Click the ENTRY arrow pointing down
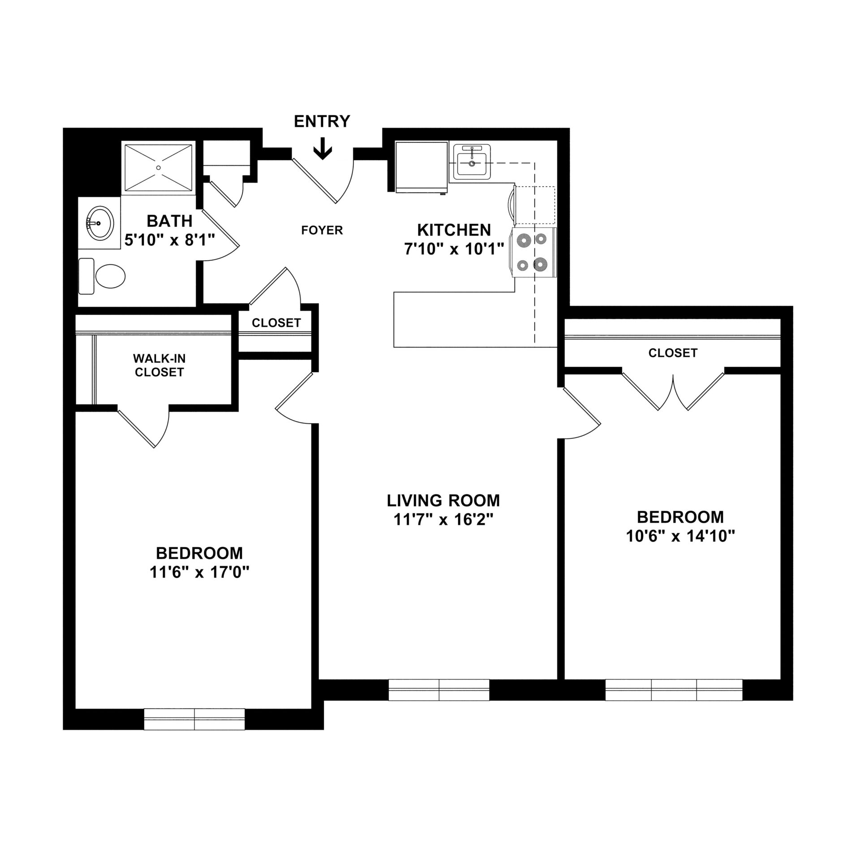point(322,151)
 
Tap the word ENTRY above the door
point(322,121)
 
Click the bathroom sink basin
point(100,223)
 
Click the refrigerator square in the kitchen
point(421,167)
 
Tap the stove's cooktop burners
point(533,253)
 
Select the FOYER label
point(322,230)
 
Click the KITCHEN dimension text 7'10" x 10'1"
point(454,249)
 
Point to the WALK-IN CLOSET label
point(159,365)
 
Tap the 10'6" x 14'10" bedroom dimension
point(680,536)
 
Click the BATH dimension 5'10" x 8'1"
point(169,240)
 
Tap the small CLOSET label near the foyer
point(276,323)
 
